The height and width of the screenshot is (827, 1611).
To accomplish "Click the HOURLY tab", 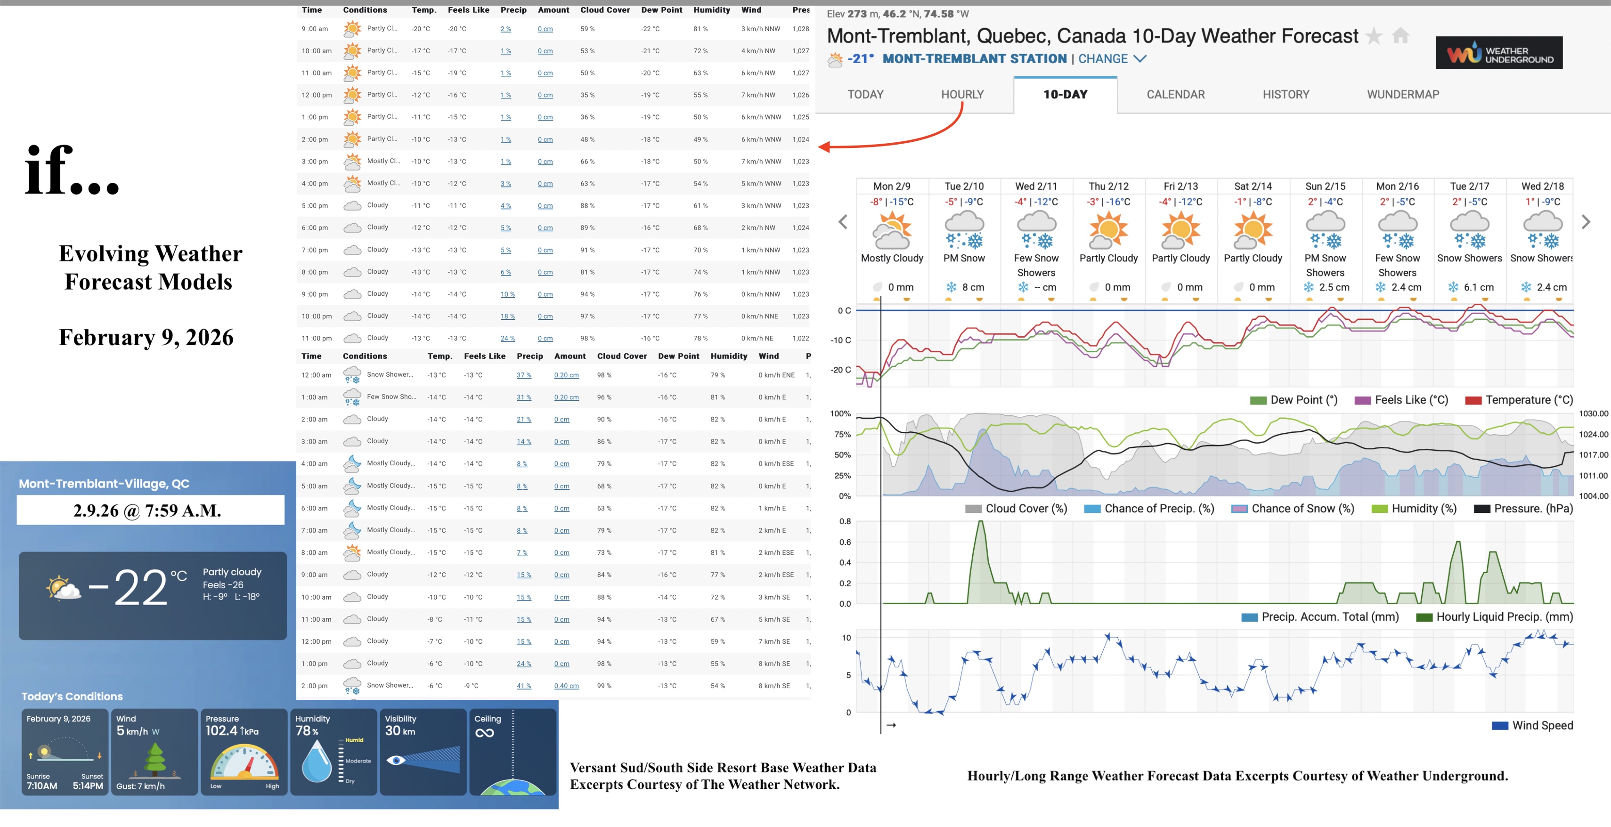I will [x=962, y=94].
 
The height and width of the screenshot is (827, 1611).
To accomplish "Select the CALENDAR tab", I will [x=1175, y=94].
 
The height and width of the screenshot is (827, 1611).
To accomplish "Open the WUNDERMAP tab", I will [x=1403, y=94].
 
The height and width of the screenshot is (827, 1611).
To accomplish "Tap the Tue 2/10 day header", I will [x=964, y=186].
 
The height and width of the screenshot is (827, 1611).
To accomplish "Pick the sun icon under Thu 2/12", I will [x=1108, y=230].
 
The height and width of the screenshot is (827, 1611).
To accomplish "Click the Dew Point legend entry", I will [x=1303, y=400].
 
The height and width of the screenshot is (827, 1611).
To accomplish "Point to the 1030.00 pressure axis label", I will [x=1593, y=414].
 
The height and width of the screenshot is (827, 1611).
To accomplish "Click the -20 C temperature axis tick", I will [x=840, y=370].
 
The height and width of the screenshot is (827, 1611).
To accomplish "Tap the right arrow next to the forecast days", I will [x=1586, y=222].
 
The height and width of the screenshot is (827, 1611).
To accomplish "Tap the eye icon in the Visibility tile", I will [x=395, y=760].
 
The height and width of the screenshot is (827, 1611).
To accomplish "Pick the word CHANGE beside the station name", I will [x=1103, y=59].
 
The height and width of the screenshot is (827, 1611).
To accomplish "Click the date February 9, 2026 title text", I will [x=146, y=338].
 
